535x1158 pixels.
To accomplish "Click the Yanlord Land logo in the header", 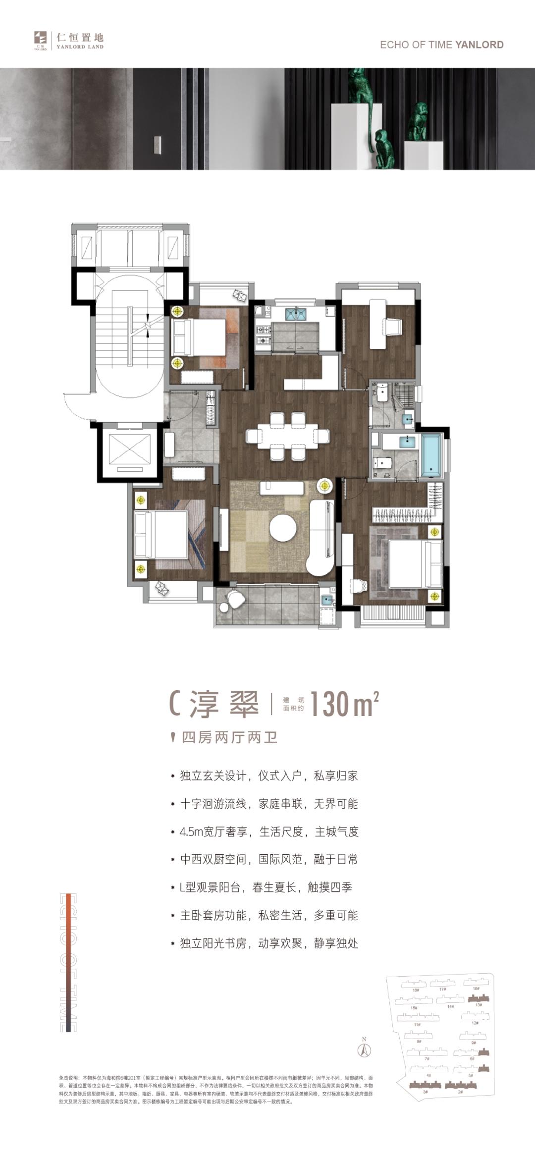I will [x=68, y=41].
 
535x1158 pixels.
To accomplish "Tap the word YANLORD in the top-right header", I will [x=479, y=45].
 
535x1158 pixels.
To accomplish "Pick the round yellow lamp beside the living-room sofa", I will [x=325, y=486].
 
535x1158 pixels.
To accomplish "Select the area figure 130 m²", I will [x=344, y=704].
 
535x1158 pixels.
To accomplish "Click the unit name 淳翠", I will [x=224, y=704].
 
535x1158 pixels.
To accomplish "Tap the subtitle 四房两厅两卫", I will [x=229, y=737].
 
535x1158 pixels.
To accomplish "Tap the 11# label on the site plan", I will [x=417, y=1024].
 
